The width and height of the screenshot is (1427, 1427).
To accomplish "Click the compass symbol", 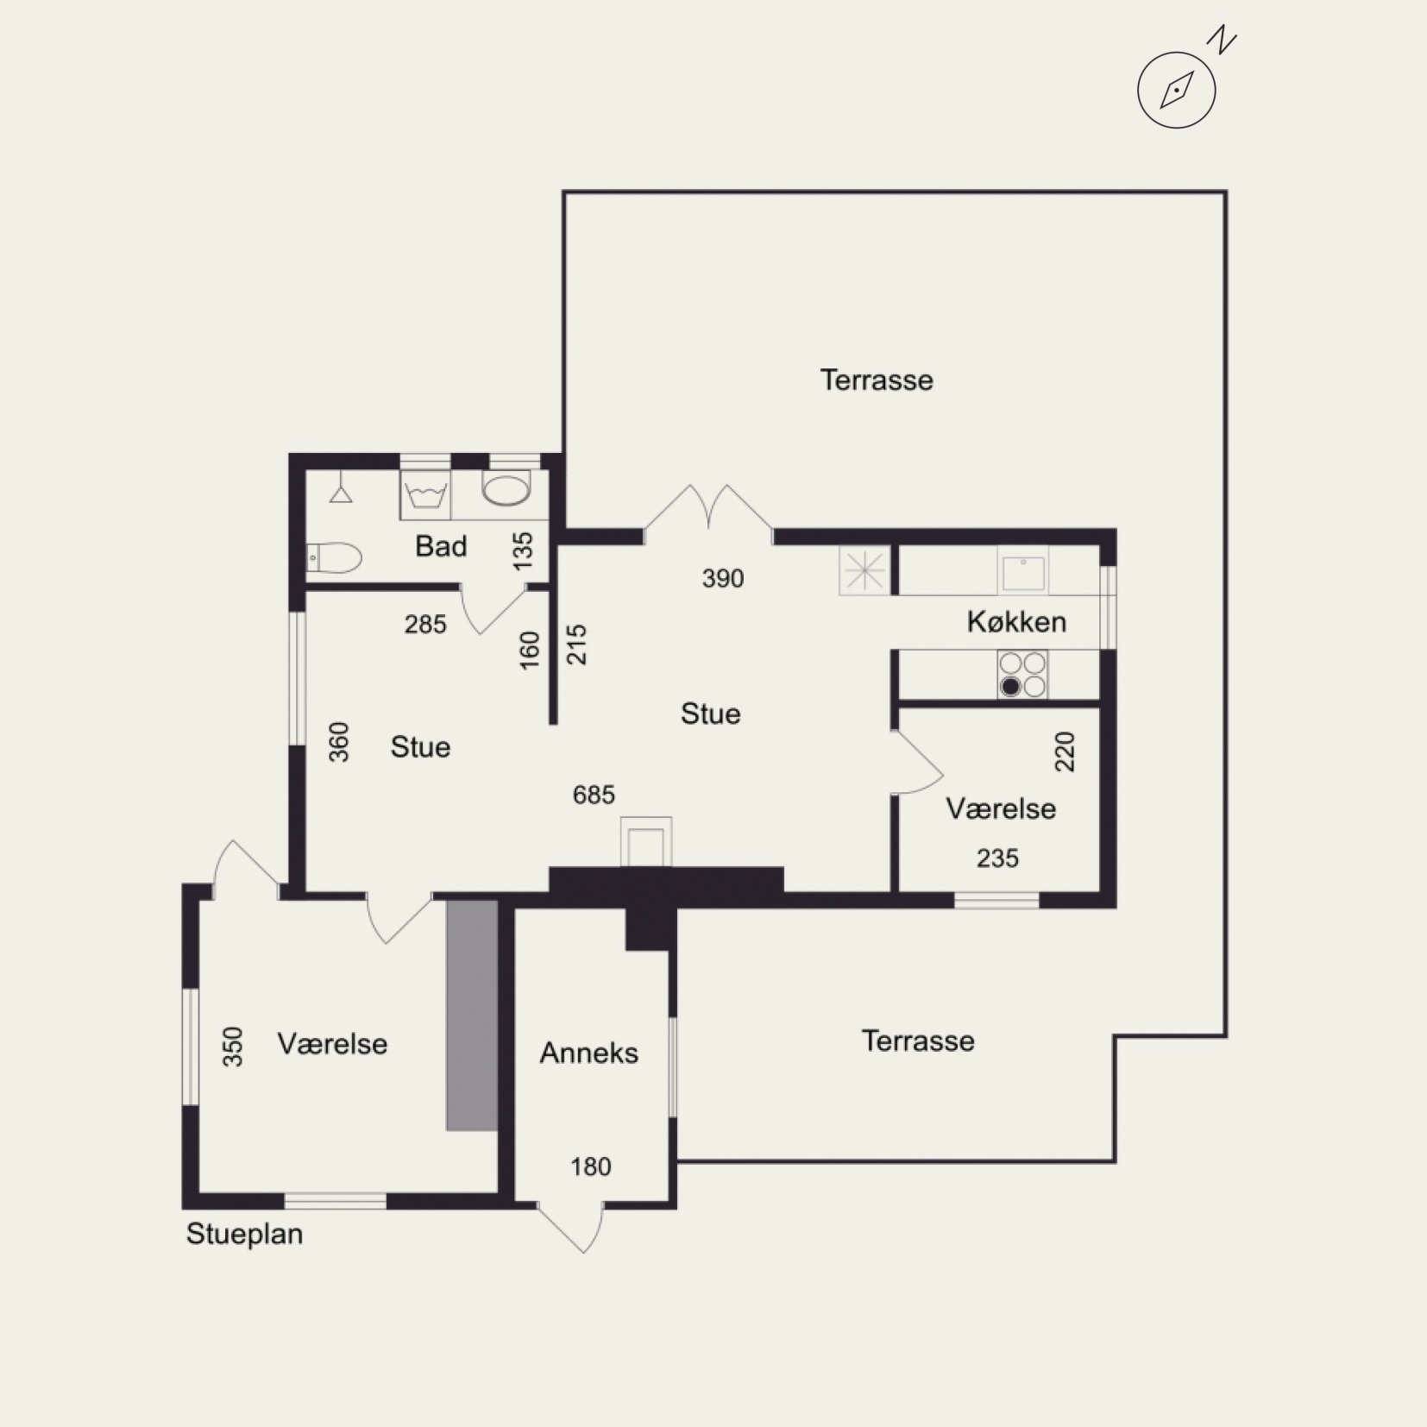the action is [x=1176, y=89].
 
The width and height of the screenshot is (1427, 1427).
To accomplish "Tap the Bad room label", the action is [x=441, y=546].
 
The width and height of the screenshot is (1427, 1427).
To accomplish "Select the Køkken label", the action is [x=1016, y=621].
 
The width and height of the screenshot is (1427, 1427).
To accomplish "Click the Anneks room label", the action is [x=589, y=1053].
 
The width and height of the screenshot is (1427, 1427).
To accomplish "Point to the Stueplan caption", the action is [x=244, y=1234].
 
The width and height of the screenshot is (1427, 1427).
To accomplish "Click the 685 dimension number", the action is [x=594, y=795].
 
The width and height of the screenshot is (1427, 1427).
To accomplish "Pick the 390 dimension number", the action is [x=723, y=578].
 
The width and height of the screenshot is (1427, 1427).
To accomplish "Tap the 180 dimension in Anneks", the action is [x=591, y=1166].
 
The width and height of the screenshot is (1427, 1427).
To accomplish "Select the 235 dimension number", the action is [x=997, y=858].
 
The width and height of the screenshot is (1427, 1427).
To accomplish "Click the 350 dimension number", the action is [x=233, y=1046].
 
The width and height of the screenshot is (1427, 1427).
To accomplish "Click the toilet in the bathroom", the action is [x=333, y=558].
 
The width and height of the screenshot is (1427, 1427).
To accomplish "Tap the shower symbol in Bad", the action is [x=341, y=487].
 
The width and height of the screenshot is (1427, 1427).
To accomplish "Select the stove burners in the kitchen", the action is [x=1022, y=675].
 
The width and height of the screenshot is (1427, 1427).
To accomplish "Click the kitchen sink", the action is [x=1023, y=572].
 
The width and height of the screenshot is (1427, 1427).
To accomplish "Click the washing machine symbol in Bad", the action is [x=425, y=495].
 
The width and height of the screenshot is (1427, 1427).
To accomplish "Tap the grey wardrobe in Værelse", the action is [x=472, y=1015].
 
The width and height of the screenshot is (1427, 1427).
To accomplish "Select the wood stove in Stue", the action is [x=645, y=841].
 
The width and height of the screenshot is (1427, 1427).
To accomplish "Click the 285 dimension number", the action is [x=425, y=624].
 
